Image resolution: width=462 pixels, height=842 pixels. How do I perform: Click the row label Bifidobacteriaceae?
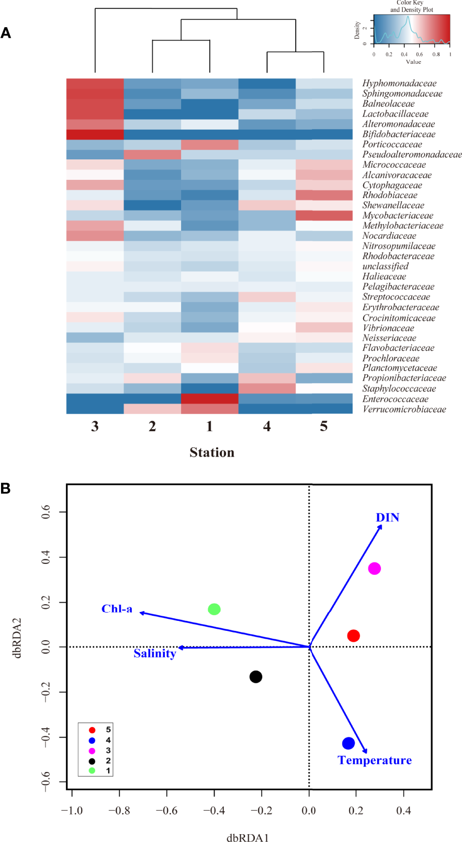(399, 134)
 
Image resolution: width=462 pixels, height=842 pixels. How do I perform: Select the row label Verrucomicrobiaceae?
(404, 409)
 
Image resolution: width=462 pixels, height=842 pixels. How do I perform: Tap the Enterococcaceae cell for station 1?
(209, 399)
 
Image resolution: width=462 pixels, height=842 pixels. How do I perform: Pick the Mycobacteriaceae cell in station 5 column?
(324, 215)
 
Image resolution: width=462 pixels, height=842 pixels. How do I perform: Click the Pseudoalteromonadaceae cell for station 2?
(152, 155)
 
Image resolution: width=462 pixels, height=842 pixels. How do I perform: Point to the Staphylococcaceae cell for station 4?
(267, 388)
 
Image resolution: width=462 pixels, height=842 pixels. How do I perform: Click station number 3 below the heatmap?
(95, 426)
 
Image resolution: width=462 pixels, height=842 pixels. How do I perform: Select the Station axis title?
(212, 453)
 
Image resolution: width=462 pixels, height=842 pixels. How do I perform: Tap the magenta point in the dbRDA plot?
(374, 569)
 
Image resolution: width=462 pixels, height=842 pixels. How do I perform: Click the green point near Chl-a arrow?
(214, 609)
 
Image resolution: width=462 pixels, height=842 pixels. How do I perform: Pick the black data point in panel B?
(255, 677)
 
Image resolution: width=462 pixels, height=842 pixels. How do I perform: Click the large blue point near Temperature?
(348, 743)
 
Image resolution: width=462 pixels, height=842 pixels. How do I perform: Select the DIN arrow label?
(388, 517)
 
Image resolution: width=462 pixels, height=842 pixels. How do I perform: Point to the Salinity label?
(155, 653)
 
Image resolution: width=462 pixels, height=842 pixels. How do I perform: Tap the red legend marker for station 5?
(92, 730)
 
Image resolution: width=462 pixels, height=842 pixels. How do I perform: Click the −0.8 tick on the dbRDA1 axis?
(119, 811)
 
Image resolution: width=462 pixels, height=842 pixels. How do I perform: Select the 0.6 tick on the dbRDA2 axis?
(46, 512)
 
